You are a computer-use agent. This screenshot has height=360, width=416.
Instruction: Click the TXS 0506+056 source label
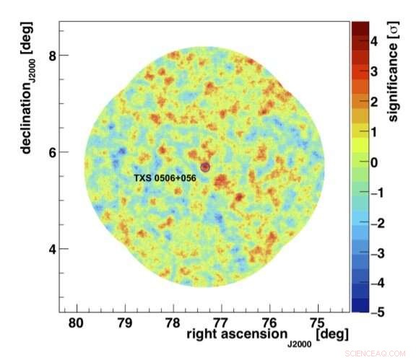pyautogui.click(x=165, y=177)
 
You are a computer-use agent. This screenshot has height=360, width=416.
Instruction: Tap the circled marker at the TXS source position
pyautogui.click(x=205, y=167)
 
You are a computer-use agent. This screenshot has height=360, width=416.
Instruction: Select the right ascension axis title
pyautogui.click(x=267, y=335)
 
